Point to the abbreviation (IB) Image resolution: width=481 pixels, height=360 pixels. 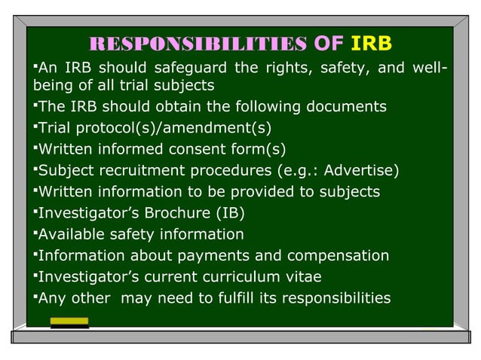228,213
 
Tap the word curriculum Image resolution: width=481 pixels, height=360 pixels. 246,277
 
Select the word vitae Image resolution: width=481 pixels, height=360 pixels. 311,277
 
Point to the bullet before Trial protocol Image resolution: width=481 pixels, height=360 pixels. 35,125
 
